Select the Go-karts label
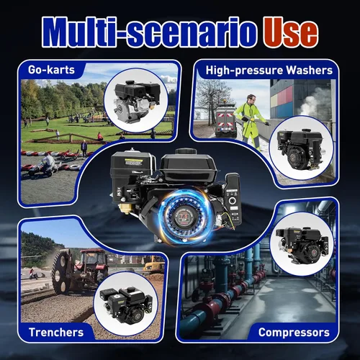pos(51,70)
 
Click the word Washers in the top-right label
pos(310,71)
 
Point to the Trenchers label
pos(56,333)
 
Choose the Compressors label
pos(294,333)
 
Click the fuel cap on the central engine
pos(186,151)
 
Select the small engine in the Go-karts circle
pos(137,101)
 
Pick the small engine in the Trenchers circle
pos(126,305)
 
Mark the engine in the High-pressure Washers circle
pos(301,149)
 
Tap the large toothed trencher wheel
pos(61,272)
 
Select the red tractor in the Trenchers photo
pos(91,265)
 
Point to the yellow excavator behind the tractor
pos(154,264)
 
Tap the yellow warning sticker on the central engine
pos(133,162)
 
